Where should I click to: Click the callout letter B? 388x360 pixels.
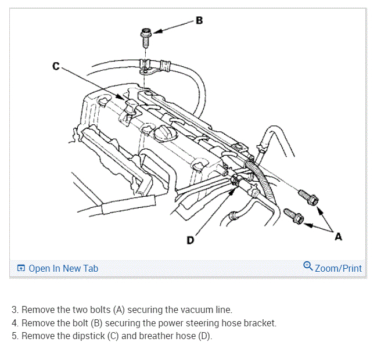[x=199, y=21]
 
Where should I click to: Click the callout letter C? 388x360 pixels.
[x=56, y=66]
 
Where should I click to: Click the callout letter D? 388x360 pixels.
[x=191, y=240]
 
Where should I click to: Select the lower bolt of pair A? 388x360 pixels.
[x=293, y=216]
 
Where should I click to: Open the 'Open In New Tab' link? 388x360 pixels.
[x=63, y=268]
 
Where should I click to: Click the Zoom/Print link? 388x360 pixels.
[x=338, y=268]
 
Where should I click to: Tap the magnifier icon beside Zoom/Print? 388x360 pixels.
[x=308, y=267]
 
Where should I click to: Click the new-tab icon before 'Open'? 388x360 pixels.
[x=21, y=268]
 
